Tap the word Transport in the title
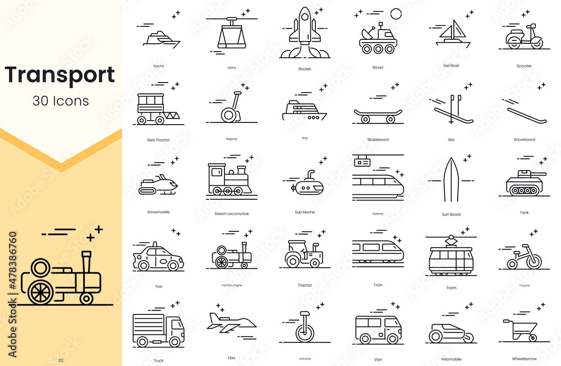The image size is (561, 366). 60,75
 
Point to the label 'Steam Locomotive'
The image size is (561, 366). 231,214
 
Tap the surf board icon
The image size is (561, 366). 451,180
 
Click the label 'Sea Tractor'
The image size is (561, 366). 158,140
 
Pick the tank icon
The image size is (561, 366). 523,182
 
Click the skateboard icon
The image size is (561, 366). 378,115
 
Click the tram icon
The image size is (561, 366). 450,258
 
